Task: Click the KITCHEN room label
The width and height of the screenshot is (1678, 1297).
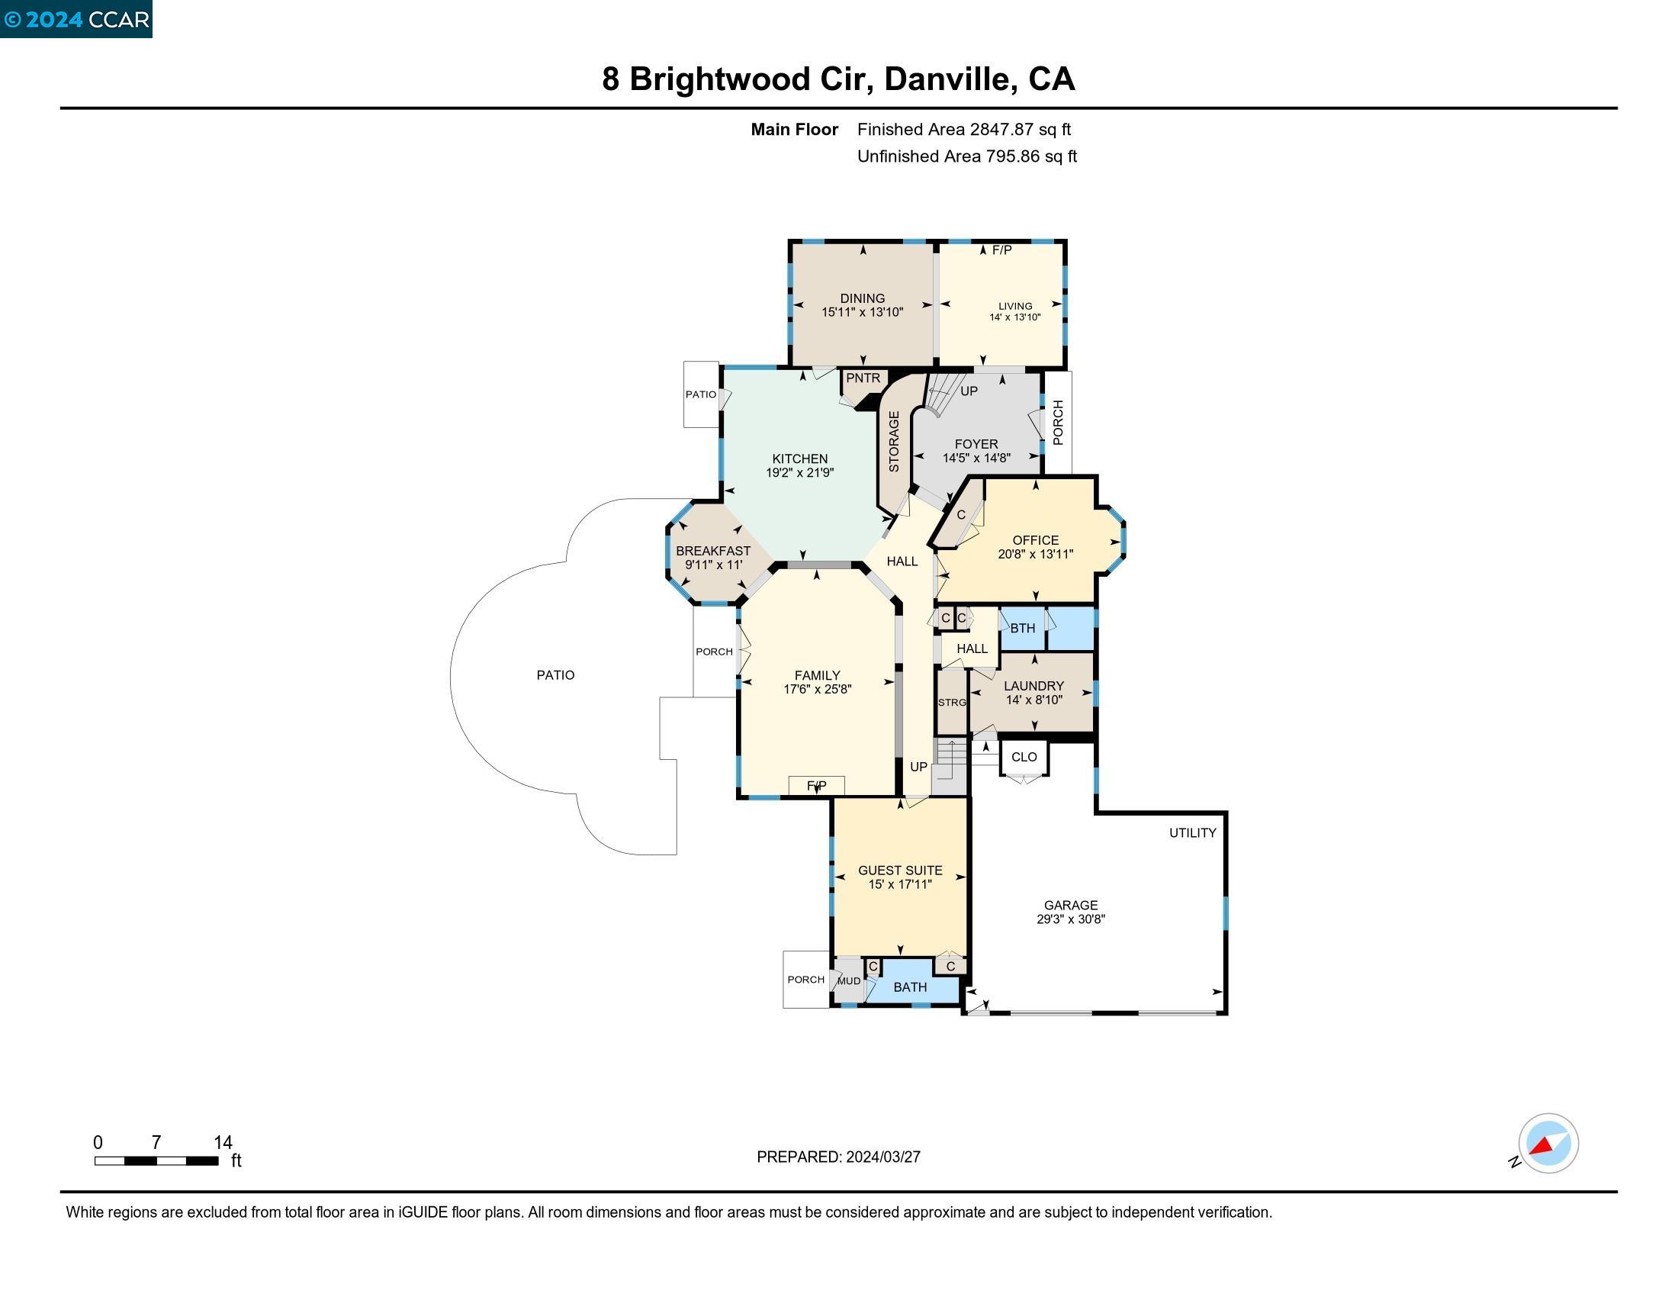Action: (x=799, y=459)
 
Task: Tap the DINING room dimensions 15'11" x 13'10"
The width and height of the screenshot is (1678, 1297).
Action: (x=862, y=312)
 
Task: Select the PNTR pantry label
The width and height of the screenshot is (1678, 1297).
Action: (x=863, y=378)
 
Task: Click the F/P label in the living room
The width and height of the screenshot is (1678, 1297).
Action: (x=1001, y=250)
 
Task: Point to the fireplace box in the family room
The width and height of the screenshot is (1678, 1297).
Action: (x=816, y=785)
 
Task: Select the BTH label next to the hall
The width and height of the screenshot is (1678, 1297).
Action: (x=1022, y=628)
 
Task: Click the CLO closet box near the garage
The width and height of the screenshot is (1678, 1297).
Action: (x=1024, y=757)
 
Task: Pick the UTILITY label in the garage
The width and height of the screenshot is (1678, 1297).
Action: (x=1191, y=833)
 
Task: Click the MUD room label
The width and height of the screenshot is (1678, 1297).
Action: (x=848, y=981)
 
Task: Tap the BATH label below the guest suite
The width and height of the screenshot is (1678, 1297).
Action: (x=910, y=986)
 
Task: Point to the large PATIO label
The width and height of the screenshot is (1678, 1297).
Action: (x=555, y=674)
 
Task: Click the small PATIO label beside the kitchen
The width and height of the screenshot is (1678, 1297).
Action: (x=700, y=394)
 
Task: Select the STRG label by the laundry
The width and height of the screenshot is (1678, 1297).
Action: (x=951, y=702)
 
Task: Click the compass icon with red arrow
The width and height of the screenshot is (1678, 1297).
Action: (x=1548, y=1143)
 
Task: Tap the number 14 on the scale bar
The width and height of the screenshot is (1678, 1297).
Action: (x=223, y=1142)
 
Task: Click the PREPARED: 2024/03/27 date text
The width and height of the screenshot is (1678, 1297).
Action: (x=838, y=1157)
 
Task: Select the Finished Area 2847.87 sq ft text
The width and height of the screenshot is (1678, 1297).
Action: (x=963, y=129)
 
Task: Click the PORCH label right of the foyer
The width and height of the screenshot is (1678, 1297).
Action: (x=1057, y=422)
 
